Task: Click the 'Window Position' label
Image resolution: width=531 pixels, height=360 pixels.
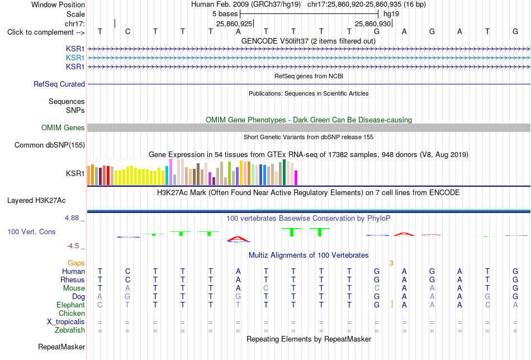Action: tap(58, 4)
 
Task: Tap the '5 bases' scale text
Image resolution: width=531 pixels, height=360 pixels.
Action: tap(225, 14)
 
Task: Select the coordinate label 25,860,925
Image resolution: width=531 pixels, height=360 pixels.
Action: tap(234, 23)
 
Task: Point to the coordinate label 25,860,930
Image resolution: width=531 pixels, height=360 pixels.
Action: tap(373, 23)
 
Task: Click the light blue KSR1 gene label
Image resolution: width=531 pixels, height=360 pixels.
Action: tap(75, 58)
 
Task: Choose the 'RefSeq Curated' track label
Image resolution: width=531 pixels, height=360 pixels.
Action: tap(59, 84)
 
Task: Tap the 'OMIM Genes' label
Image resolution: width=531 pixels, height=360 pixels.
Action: tap(63, 127)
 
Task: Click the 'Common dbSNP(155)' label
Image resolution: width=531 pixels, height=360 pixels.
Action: tap(50, 145)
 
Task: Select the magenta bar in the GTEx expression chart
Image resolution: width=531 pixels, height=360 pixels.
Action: tap(296, 178)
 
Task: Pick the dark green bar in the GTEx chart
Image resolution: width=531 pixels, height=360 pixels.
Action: tap(284, 172)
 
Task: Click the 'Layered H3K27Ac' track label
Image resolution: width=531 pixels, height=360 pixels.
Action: tap(36, 201)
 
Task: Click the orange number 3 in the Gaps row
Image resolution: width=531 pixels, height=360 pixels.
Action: tap(391, 263)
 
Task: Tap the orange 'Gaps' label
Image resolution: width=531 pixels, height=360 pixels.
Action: tap(76, 263)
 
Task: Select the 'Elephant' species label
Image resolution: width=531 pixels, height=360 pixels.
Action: tap(70, 305)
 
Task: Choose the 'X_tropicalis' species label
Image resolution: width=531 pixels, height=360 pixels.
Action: tap(66, 322)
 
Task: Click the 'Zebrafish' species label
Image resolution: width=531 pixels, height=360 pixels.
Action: tap(70, 330)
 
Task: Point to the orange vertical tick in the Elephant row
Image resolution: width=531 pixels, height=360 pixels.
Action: tap(392, 304)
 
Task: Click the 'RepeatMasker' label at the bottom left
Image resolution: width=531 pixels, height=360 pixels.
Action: tap(61, 347)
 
